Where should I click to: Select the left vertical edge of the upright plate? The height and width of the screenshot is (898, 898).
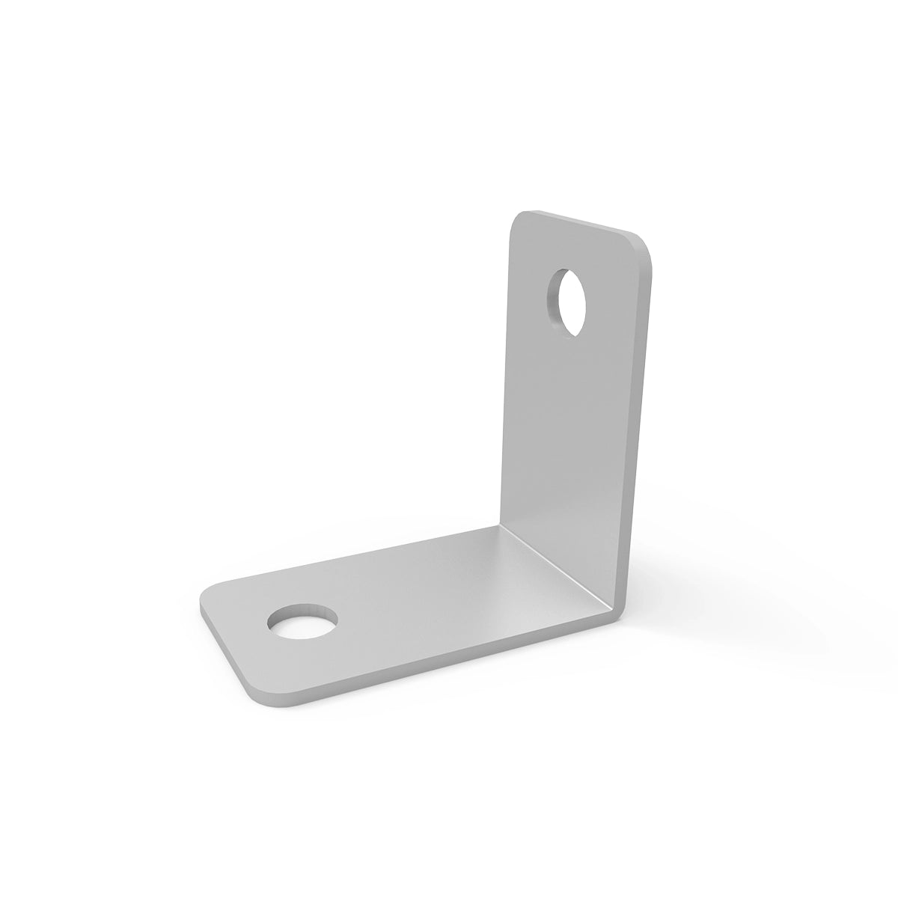pyautogui.click(x=506, y=374)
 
